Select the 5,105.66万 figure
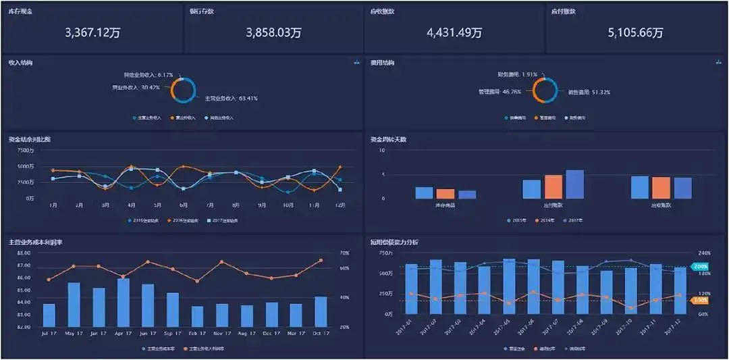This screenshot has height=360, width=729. point(635,32)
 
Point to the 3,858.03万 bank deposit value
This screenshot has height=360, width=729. point(273,32)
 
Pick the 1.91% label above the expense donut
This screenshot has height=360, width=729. point(517,74)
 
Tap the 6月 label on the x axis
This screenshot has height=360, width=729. point(184,205)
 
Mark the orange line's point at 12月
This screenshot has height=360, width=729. point(340,167)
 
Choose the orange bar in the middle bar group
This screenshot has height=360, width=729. point(553,186)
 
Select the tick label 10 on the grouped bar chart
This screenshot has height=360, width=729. point(382,150)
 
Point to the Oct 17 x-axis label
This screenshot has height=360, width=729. point(321,334)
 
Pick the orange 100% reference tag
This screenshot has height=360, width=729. point(700,300)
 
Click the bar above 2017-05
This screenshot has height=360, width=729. point(509,287)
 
